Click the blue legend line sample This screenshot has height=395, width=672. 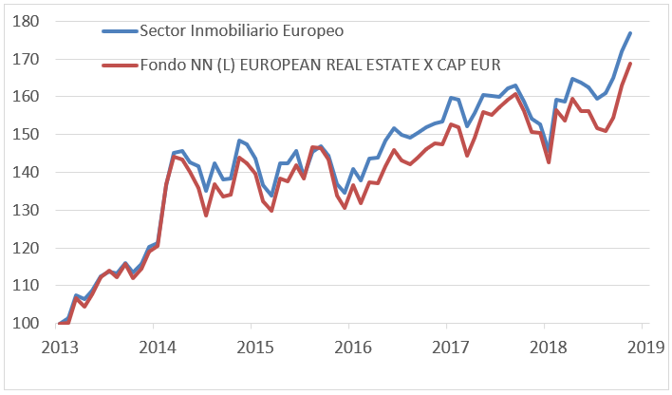point(119,30)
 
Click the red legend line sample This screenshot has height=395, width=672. point(119,65)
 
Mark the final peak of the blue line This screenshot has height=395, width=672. point(630,33)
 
